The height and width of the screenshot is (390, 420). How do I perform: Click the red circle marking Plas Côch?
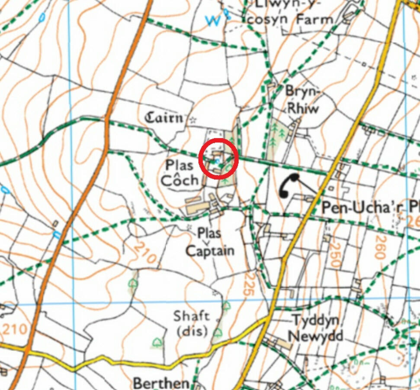tap(218, 159)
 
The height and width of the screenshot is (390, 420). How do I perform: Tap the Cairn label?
tap(164, 117)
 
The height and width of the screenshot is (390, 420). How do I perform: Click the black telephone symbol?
tap(289, 185)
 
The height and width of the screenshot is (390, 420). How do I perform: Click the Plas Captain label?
tap(210, 242)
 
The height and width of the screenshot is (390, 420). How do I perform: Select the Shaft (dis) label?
tap(191, 323)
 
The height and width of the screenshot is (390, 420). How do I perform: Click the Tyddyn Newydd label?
tap(315, 328)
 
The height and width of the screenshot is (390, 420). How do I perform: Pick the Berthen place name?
tap(161, 383)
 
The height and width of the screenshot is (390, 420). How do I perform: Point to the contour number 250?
tap(334, 253)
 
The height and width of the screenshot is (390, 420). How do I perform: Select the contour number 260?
tap(380, 247)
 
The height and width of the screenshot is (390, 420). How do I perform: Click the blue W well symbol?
tap(212, 20)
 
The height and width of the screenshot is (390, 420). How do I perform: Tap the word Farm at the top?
tap(314, 19)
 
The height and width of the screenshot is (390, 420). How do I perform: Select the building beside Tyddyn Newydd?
tap(284, 344)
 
